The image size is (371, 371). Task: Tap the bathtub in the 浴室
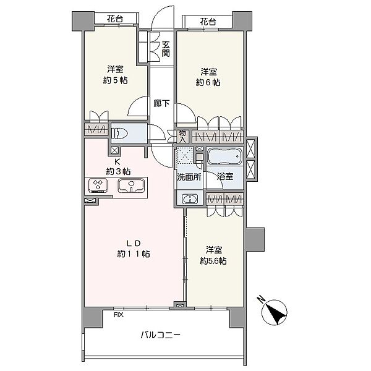[x=225, y=156]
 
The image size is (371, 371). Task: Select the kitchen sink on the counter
[x=131, y=185]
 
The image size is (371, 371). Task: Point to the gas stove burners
[x=98, y=185]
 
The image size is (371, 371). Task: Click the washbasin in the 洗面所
[x=190, y=198]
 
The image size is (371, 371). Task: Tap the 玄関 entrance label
[x=166, y=49]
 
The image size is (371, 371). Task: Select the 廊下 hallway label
[x=161, y=103]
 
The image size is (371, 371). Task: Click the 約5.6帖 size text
[x=213, y=261]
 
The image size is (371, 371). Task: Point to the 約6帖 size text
[x=208, y=82]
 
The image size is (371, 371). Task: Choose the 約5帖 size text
[x=115, y=80]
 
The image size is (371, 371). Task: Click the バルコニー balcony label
[x=161, y=335]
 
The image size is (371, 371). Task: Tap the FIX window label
[x=119, y=315]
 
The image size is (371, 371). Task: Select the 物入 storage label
[x=182, y=136]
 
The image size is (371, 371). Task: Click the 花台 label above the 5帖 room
[x=115, y=19]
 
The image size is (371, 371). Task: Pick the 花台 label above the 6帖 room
[x=208, y=22]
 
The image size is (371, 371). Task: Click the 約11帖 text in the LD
[x=134, y=254]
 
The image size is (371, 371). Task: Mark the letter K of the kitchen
[x=117, y=162]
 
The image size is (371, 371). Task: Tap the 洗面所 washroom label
[x=189, y=177]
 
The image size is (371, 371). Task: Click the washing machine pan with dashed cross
[x=185, y=155]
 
